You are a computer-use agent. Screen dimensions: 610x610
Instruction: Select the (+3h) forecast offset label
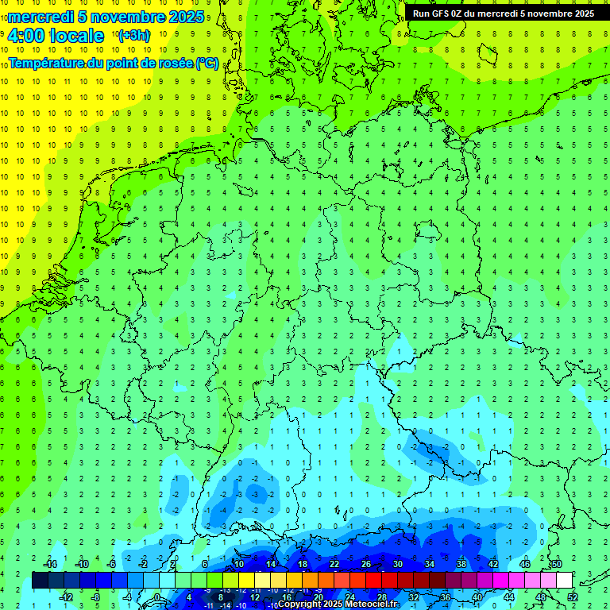click(133, 36)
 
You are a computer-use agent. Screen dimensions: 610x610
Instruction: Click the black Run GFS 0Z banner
click(503, 13)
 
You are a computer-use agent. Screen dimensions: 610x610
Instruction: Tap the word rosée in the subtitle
click(171, 63)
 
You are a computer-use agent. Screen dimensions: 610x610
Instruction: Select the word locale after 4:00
click(75, 36)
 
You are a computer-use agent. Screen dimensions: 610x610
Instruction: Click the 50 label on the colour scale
click(556, 564)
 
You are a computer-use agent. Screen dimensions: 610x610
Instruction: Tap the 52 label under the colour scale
click(572, 597)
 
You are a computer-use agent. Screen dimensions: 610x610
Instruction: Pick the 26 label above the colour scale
click(365, 564)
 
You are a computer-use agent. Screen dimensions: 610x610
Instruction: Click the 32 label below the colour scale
click(413, 597)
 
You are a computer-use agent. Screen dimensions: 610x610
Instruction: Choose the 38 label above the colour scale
click(461, 564)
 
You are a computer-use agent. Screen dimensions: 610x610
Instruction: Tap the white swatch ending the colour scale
click(564, 581)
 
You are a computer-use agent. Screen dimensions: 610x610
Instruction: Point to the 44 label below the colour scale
click(508, 597)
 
